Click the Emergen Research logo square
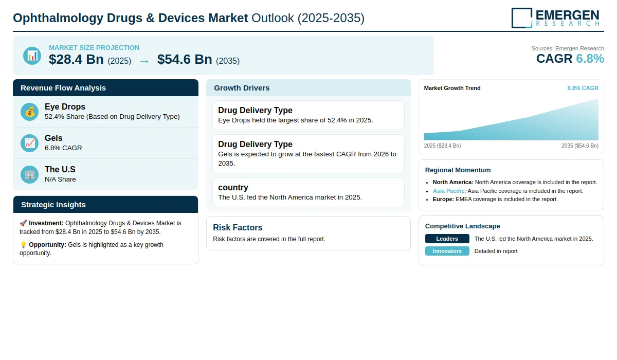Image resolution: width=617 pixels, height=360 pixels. [x=522, y=18]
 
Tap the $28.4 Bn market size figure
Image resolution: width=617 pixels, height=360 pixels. [x=76, y=59]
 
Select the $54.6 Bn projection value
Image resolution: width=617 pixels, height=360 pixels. [x=185, y=59]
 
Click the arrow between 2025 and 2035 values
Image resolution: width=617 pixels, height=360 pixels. [x=144, y=61]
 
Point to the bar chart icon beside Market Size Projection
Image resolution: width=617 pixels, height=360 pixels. [x=32, y=56]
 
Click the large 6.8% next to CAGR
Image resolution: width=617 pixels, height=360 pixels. [x=590, y=59]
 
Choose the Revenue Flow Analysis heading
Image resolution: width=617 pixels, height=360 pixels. [x=63, y=88]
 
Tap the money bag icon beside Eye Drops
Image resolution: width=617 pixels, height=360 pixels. [x=29, y=112]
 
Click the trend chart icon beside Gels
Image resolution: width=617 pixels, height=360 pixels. [x=29, y=143]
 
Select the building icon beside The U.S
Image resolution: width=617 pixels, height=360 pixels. [x=29, y=175]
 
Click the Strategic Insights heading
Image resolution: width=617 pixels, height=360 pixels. [x=53, y=205]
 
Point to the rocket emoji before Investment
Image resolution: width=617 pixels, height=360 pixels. [x=23, y=223]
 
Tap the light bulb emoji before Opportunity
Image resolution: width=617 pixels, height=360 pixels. [x=23, y=245]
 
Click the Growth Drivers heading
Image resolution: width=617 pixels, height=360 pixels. [x=242, y=88]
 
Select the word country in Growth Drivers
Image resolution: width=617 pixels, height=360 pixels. [x=233, y=187]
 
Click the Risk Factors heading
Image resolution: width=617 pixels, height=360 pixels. [x=238, y=227]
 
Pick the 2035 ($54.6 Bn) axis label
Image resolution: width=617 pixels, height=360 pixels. [x=580, y=146]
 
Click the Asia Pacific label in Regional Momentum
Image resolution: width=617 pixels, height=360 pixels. [x=449, y=191]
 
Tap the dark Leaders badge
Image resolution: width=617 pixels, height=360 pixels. [x=447, y=239]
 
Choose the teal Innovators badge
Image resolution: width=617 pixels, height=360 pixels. [x=447, y=251]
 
